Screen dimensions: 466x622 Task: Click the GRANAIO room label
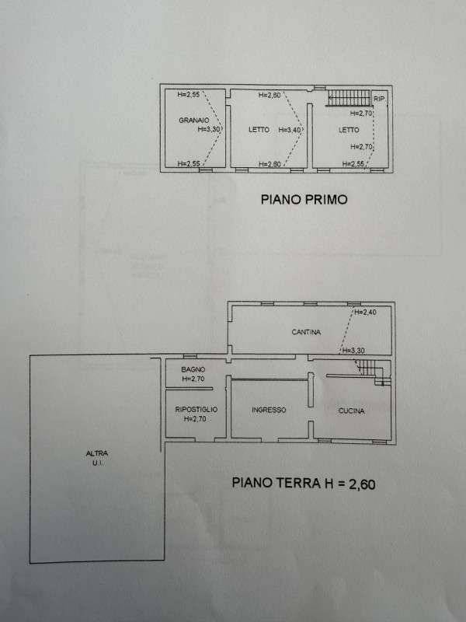193,120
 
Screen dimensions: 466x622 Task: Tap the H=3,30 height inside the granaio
208,129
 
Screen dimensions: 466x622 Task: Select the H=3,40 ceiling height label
290,130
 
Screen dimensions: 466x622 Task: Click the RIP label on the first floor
379,99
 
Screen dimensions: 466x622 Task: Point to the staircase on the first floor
348,98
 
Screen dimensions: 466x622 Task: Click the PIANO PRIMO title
304,199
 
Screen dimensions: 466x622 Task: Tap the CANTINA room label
306,332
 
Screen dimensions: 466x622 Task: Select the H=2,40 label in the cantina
365,313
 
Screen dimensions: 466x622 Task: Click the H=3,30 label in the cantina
353,351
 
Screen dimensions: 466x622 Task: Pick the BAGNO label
193,370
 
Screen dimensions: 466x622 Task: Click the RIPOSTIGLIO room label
196,410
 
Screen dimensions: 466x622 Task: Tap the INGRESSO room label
269,410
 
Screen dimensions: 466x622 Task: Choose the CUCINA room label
352,411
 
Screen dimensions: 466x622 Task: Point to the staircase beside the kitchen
373,372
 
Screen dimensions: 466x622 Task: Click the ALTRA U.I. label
97,458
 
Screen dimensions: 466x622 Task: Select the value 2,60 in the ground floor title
362,484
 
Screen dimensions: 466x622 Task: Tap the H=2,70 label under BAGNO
193,379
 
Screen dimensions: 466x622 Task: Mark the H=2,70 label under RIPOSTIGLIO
195,418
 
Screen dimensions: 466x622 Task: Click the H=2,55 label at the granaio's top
189,94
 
